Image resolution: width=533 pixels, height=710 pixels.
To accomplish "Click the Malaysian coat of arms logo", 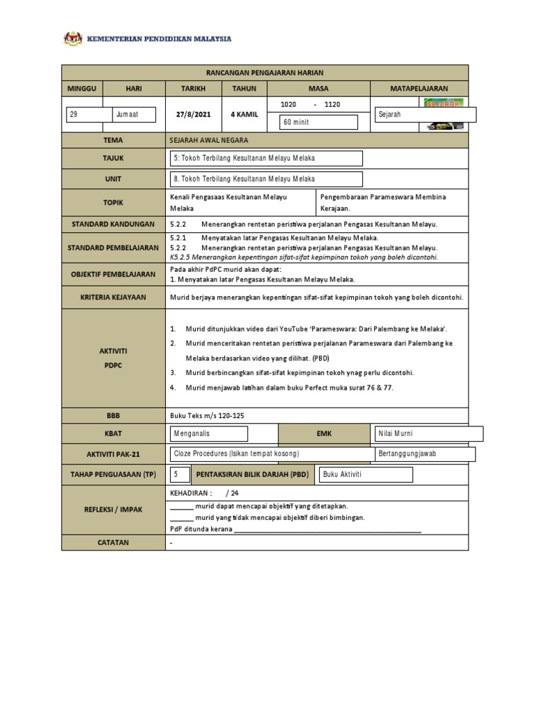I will pos(73,38).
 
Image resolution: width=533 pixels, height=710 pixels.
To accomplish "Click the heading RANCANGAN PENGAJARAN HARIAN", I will pos(264,73).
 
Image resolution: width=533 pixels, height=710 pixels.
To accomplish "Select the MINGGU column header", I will pos(83,89).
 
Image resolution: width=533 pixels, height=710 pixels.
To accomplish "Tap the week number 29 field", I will pos(89,114).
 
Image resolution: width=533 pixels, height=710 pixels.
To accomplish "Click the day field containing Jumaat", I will pos(137,114).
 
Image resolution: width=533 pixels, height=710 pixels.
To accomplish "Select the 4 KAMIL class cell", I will pos(244,114).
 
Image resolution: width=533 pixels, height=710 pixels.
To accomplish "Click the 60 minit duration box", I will pos(318,123).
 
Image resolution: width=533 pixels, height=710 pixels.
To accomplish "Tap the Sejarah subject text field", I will pos(425,114).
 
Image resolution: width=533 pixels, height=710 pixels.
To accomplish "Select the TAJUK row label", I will pos(113,159).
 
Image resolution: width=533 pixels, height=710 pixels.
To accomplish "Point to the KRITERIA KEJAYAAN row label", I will pos(113,297).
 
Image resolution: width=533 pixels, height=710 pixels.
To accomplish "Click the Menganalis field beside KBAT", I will pos(209,433).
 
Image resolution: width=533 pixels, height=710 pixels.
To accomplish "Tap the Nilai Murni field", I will pos(427,433).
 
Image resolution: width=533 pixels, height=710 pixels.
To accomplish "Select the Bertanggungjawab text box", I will pos(424,453).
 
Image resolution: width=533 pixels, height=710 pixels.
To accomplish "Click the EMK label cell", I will pos(324,434).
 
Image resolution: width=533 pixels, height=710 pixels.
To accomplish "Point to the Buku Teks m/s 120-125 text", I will pos(207,415).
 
